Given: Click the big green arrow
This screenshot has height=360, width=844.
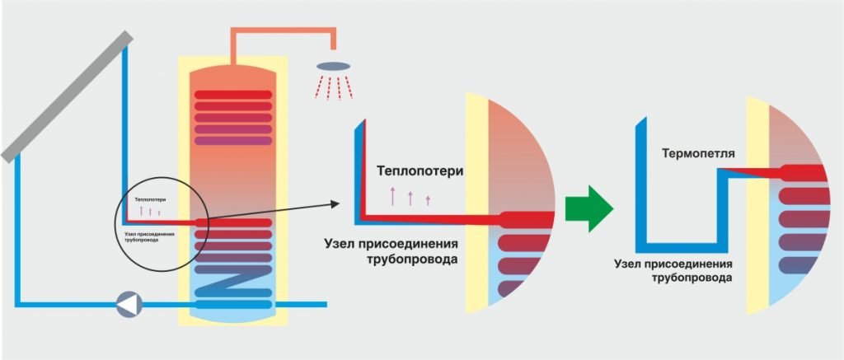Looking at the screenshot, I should (588, 211).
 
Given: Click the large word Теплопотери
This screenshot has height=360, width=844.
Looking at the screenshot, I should (420, 171).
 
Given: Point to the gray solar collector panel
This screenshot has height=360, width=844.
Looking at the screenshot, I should (66, 96).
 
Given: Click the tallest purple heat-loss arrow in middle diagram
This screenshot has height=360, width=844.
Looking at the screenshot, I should (392, 196).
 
